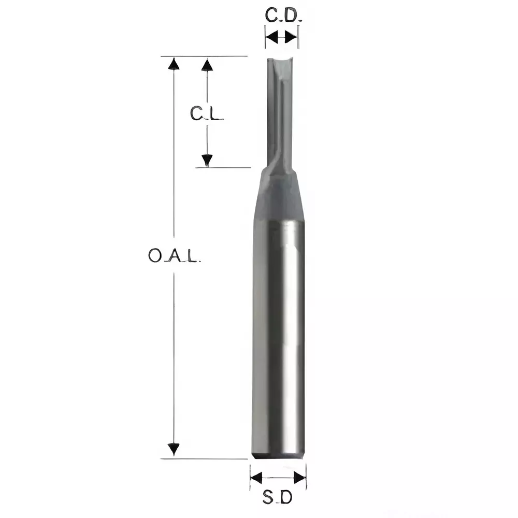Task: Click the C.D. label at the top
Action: pos(282,16)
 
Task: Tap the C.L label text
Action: pos(206,113)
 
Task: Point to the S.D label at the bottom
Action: pos(277,498)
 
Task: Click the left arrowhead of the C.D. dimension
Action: pos(270,37)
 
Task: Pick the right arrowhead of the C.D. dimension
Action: pos(293,37)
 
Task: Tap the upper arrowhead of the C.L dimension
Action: pos(207,64)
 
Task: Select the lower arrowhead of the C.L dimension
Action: pos(207,161)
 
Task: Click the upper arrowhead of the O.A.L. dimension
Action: pos(174,64)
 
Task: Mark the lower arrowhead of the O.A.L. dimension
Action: pos(174,449)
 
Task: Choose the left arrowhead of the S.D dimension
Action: pos(256,477)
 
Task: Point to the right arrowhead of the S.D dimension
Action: pos(299,477)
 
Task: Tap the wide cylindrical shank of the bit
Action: pos(279,337)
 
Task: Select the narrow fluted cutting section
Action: pos(280,114)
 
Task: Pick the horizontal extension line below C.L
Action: pos(223,168)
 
